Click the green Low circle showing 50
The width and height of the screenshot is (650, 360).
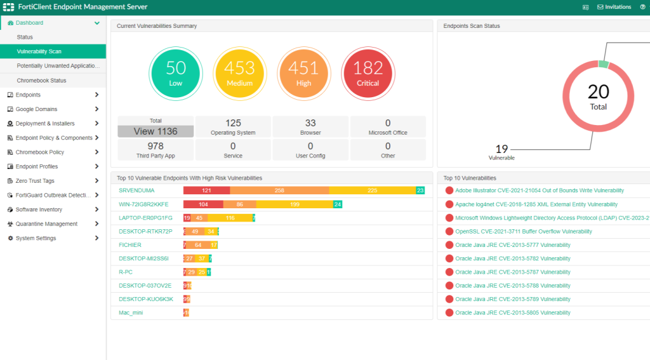coord(175,74)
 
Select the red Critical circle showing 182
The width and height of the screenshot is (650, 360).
coord(368,74)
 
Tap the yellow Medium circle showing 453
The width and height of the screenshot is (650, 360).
coord(239,74)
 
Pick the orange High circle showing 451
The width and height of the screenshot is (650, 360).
coord(303,74)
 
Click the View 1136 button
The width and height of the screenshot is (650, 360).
coord(156,131)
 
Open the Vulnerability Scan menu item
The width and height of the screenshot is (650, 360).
coord(39,51)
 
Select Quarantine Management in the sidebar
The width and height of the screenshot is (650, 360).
coord(46,223)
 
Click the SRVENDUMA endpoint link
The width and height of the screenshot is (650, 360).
coord(136,190)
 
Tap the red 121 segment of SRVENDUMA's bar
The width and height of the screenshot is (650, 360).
coord(206,190)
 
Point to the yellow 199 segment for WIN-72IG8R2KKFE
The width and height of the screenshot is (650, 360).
coord(295,204)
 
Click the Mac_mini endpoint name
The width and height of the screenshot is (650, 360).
coord(131,312)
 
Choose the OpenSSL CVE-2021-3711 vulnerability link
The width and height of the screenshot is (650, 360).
coord(523,232)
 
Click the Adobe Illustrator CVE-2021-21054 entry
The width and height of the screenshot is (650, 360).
coord(539,190)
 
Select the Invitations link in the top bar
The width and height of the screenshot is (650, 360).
coord(614,7)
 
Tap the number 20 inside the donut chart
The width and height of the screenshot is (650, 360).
coord(598,92)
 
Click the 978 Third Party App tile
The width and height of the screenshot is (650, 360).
coord(156,150)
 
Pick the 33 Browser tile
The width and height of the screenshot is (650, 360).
coord(310,127)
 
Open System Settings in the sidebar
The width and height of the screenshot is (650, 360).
coord(36,238)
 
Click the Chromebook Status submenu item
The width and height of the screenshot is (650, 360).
coord(41,81)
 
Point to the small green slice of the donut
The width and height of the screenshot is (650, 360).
coord(603,64)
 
